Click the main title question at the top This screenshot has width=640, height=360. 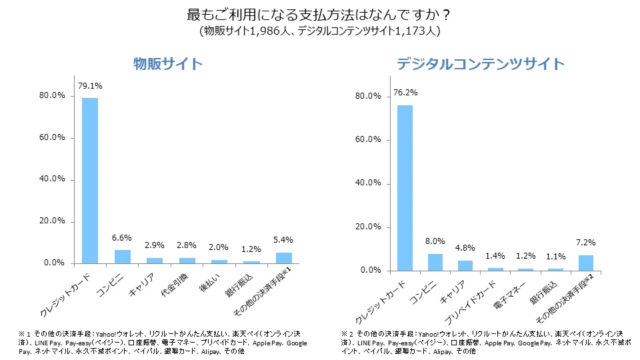(x=320, y=14)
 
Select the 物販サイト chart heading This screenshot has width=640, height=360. (x=167, y=65)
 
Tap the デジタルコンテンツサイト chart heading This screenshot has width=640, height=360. (x=480, y=65)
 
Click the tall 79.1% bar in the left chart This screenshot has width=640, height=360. (x=90, y=180)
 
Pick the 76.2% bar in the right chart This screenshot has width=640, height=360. (x=405, y=187)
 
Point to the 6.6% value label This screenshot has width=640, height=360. (x=123, y=238)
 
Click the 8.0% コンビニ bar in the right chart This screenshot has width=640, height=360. (x=435, y=262)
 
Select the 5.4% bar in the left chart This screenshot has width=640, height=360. (x=283, y=257)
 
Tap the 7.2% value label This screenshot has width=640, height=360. (x=585, y=243)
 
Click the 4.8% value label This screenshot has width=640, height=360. (x=465, y=248)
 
